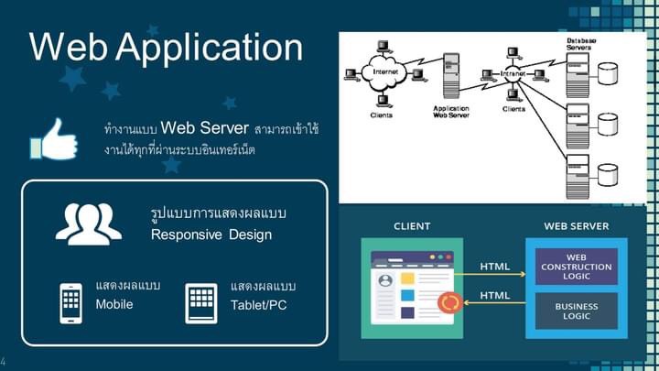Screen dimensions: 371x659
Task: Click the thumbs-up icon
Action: [x=54, y=138]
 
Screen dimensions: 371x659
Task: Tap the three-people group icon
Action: [x=88, y=223]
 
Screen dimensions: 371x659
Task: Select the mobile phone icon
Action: [x=71, y=303]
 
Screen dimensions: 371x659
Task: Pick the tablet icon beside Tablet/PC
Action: [x=200, y=303]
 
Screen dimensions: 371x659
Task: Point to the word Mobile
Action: [x=114, y=304]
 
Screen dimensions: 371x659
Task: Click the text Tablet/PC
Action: [x=259, y=304]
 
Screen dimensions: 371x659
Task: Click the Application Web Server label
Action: [x=450, y=112]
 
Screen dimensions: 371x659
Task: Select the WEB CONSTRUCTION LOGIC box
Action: [x=577, y=266]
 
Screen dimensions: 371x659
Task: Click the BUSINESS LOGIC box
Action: [x=577, y=311]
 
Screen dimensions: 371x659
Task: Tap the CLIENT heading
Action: [x=412, y=225]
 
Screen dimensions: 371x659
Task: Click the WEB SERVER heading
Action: [x=577, y=225]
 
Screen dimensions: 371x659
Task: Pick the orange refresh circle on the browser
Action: [x=449, y=302]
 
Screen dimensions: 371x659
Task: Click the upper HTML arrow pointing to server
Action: [x=495, y=273]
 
